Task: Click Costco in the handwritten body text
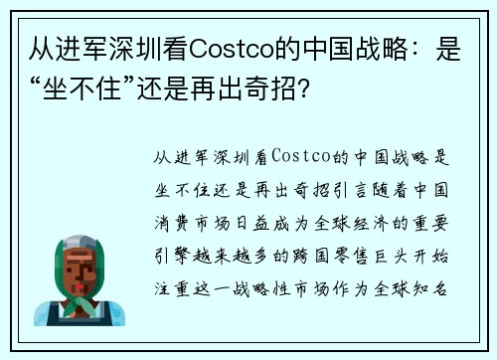point(299,158)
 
